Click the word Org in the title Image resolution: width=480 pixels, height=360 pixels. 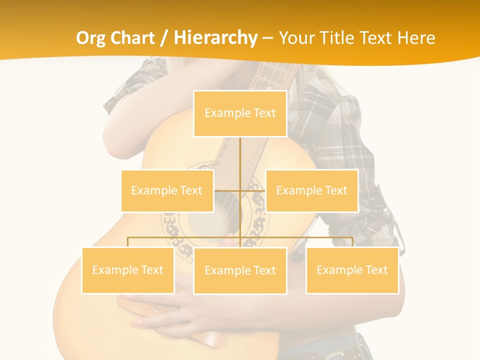pyautogui.click(x=91, y=38)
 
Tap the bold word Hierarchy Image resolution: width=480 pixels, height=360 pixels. pyautogui.click(x=215, y=38)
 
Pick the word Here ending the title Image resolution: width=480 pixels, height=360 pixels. pyautogui.click(x=416, y=38)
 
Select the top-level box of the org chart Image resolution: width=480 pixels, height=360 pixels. pyautogui.click(x=240, y=113)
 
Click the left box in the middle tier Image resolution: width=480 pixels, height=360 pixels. pyautogui.click(x=167, y=190)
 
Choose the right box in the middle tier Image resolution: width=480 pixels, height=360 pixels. pyautogui.click(x=311, y=190)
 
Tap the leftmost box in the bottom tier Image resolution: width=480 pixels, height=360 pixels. pyautogui.click(x=127, y=270)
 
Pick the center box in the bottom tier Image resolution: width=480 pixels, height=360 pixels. pyautogui.click(x=240, y=270)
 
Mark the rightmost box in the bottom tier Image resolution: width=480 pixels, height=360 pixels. pyautogui.click(x=352, y=270)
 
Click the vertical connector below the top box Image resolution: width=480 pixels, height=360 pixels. pyautogui.click(x=240, y=160)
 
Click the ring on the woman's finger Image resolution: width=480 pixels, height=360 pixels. pyautogui.click(x=177, y=315)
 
